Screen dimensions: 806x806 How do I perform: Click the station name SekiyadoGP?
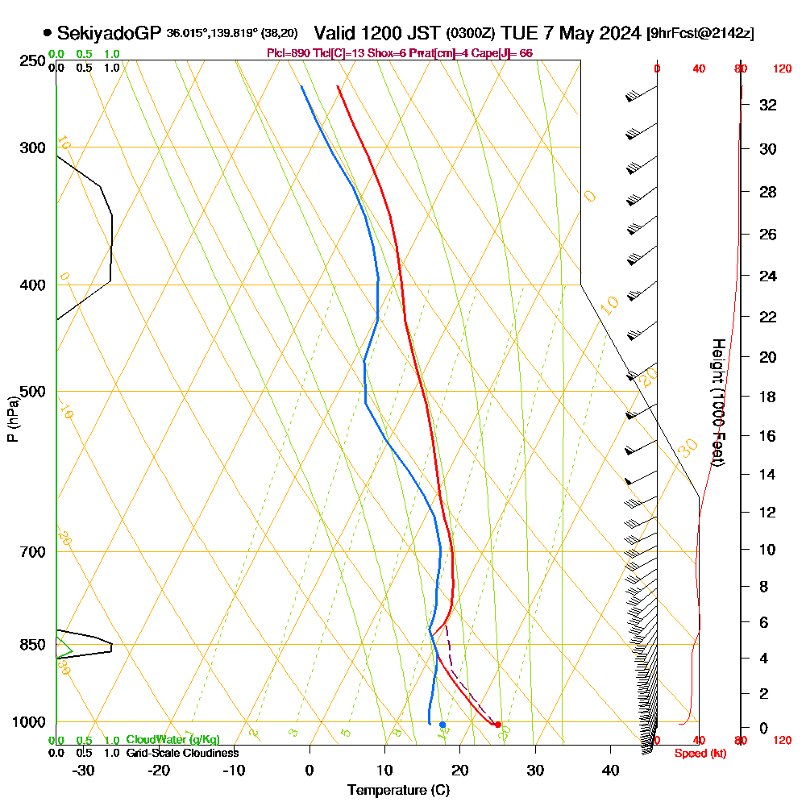pyautogui.click(x=110, y=33)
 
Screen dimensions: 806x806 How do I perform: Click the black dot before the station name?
pyautogui.click(x=48, y=33)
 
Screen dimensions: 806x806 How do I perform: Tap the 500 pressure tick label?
pyautogui.click(x=31, y=392)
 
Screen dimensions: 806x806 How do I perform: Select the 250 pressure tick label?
pyautogui.click(x=31, y=61)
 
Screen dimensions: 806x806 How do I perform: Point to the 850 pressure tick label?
pyautogui.click(x=31, y=645)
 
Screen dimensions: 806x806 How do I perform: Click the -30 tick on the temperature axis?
pyautogui.click(x=83, y=771)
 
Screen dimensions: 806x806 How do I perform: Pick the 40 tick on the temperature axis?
pyautogui.click(x=610, y=771)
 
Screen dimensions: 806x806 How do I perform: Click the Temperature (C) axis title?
pyautogui.click(x=398, y=791)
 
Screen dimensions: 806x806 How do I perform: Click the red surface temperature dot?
pyautogui.click(x=497, y=725)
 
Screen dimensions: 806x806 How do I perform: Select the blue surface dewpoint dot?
pyautogui.click(x=442, y=725)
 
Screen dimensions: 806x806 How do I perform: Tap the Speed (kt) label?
pyautogui.click(x=698, y=753)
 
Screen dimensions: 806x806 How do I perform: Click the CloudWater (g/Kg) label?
pyautogui.click(x=172, y=740)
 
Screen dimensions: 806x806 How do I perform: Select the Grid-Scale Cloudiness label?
pyautogui.click(x=181, y=753)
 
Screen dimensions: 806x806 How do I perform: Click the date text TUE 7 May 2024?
pyautogui.click(x=571, y=33)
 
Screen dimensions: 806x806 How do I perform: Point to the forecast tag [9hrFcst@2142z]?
pyautogui.click(x=700, y=34)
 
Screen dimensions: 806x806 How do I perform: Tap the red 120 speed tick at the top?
pyautogui.click(x=782, y=69)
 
